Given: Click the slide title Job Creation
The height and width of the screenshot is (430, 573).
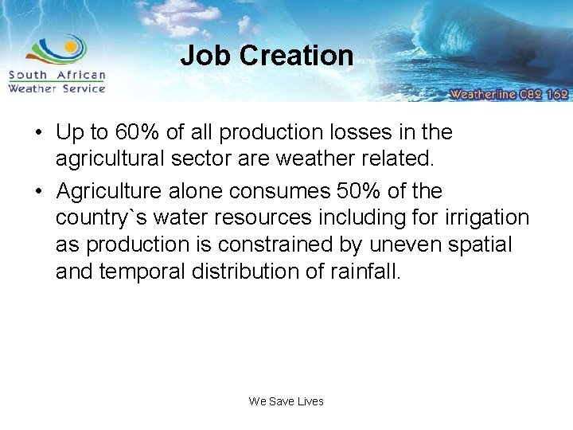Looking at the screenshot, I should click(x=267, y=56).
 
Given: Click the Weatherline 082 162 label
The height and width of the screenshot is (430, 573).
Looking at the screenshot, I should click(x=509, y=94).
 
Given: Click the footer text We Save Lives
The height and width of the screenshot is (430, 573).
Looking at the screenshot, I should click(x=286, y=401).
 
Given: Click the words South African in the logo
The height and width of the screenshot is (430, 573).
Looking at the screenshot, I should click(x=57, y=76).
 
